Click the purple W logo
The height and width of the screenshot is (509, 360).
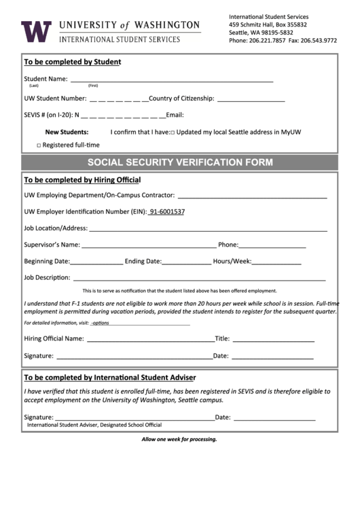(36, 31)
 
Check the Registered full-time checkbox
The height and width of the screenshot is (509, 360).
(39, 145)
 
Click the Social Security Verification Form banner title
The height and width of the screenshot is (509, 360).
(180, 162)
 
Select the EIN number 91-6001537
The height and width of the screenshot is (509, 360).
(166, 211)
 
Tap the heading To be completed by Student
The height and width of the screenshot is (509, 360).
(73, 62)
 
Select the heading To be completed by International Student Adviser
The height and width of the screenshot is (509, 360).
(110, 377)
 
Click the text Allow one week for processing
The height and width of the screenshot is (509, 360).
(179, 439)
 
